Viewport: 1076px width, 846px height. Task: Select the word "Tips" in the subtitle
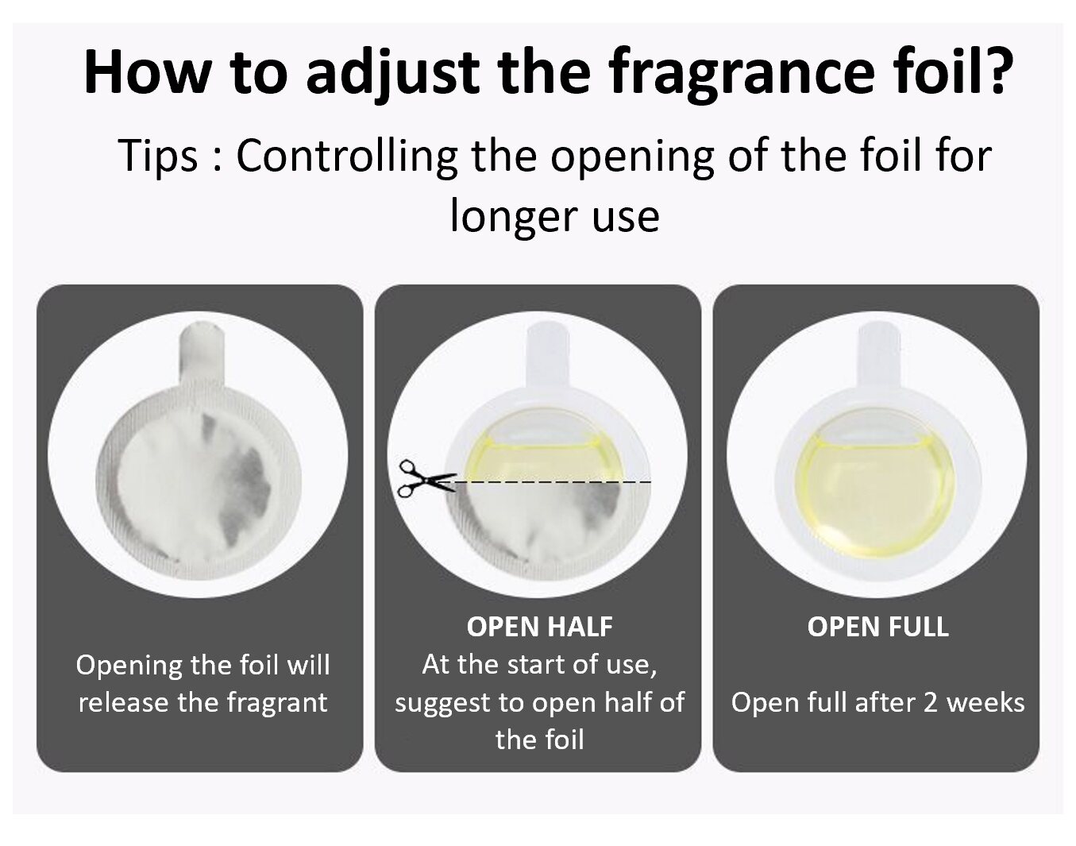click(x=158, y=156)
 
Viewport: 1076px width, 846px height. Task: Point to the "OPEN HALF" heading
click(x=539, y=627)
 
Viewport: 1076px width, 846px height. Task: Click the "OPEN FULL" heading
click(x=878, y=627)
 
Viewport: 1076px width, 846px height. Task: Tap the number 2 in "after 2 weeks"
click(x=930, y=703)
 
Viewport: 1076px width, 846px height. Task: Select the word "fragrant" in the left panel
click(x=277, y=703)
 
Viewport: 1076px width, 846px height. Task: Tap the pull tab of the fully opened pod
click(x=878, y=354)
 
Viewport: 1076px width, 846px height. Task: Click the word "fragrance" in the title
click(x=740, y=72)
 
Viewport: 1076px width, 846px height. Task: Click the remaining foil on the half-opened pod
click(x=540, y=530)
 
